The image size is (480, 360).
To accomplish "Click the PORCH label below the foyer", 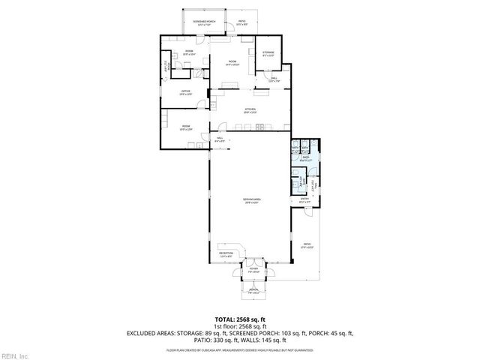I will click(x=253, y=290).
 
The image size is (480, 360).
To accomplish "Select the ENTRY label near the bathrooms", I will click(x=304, y=199).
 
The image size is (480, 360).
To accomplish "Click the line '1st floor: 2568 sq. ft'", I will click(x=239, y=326).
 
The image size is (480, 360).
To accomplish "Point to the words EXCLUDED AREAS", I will click(x=153, y=333).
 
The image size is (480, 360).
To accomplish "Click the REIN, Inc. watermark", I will click(x=14, y=355).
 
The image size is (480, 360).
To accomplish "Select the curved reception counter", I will click(x=238, y=250).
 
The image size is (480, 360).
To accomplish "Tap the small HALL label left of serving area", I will click(x=220, y=139).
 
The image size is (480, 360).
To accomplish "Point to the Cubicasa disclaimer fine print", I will click(x=239, y=349).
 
